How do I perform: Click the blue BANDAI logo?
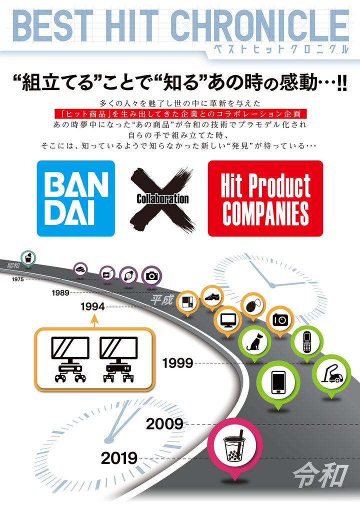click(75, 198)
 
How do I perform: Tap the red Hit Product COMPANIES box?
click(265, 198)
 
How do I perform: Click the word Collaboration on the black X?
click(162, 198)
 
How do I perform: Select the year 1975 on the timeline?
click(18, 279)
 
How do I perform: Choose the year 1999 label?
click(177, 363)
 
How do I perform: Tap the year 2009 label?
click(164, 424)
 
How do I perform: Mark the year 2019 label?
click(119, 457)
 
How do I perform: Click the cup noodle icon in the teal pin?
click(28, 258)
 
